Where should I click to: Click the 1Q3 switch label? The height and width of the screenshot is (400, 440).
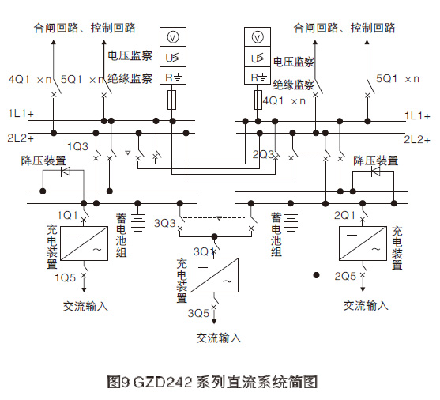click(77, 147)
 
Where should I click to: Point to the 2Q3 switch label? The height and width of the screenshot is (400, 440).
click(264, 153)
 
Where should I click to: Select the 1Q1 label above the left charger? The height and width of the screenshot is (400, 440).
click(68, 215)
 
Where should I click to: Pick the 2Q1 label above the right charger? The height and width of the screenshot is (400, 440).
click(345, 215)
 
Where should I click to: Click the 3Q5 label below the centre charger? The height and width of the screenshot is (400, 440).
click(198, 313)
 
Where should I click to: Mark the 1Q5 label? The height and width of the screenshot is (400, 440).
click(66, 277)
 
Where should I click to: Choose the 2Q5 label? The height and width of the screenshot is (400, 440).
click(344, 277)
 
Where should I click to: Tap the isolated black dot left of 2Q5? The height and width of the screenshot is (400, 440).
click(315, 275)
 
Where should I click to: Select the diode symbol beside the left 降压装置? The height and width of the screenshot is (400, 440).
click(66, 172)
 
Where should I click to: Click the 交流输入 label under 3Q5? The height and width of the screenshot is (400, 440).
click(219, 338)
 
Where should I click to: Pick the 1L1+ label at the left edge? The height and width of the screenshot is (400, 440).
click(21, 115)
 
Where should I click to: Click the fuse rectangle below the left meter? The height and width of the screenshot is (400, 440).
click(174, 99)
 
